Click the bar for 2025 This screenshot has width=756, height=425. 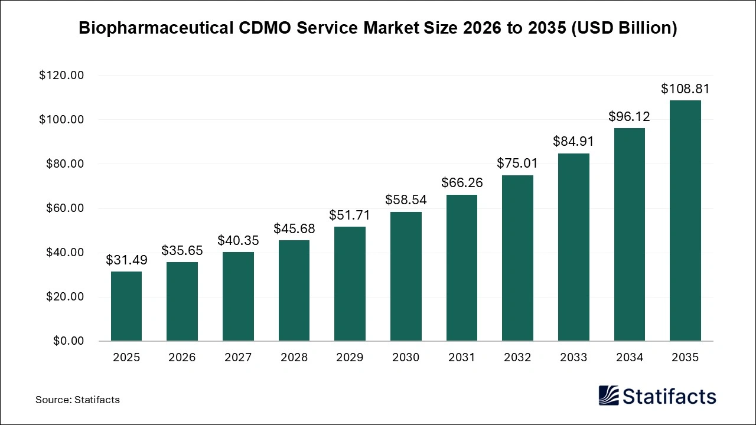(x=126, y=306)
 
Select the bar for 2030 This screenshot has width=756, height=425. (x=406, y=276)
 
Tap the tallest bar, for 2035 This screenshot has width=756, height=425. (x=685, y=221)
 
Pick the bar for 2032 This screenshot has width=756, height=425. (x=517, y=258)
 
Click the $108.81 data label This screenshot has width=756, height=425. (x=685, y=89)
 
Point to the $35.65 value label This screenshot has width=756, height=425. (x=182, y=251)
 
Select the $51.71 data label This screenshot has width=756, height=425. (x=350, y=215)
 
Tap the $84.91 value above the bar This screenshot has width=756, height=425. (x=573, y=142)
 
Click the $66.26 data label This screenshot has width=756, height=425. (x=462, y=183)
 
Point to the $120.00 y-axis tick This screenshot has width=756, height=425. (x=61, y=76)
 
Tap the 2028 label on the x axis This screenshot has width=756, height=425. (x=294, y=358)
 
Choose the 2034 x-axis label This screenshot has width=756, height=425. (x=629, y=358)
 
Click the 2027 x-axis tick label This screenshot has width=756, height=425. (x=238, y=358)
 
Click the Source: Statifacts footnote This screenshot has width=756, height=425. (x=77, y=400)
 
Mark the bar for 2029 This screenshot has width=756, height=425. (x=350, y=284)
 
